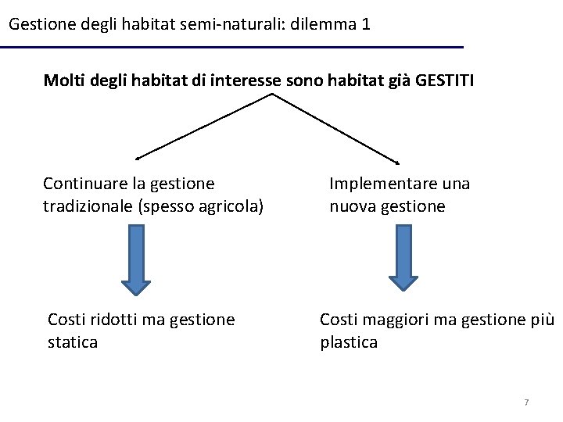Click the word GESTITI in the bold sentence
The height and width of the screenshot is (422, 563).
pos(445,80)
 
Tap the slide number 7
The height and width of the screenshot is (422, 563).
pos(526,402)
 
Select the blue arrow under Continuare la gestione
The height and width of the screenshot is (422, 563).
pos(136,259)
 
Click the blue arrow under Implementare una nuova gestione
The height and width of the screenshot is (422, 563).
pos(404,257)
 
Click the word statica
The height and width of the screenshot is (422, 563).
pos(73,342)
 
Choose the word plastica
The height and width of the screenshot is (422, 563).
pos(349,342)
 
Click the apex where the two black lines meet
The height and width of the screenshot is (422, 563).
pos(272,95)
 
